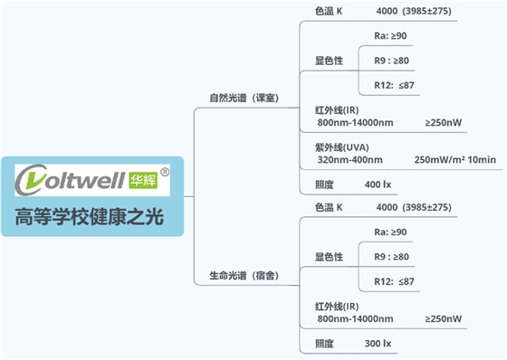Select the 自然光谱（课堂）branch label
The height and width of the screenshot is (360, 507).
pos(244,97)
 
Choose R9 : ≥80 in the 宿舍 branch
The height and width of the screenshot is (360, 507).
pos(391,257)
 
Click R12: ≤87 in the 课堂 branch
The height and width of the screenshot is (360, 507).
pos(394,84)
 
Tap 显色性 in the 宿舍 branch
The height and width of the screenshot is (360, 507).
pos(329,257)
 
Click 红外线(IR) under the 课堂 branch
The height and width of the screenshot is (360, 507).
pos(340,110)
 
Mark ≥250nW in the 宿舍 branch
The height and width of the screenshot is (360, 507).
pos(443,318)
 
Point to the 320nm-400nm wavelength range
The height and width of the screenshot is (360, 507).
pos(349,160)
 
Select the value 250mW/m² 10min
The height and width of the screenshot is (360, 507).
pos(454,160)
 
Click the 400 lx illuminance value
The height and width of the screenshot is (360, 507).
pos(378,185)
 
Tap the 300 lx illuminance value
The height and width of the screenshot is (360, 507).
pos(378,344)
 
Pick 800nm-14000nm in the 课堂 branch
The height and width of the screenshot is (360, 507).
pos(355,122)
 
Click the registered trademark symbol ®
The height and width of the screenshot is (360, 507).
pos(164,170)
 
